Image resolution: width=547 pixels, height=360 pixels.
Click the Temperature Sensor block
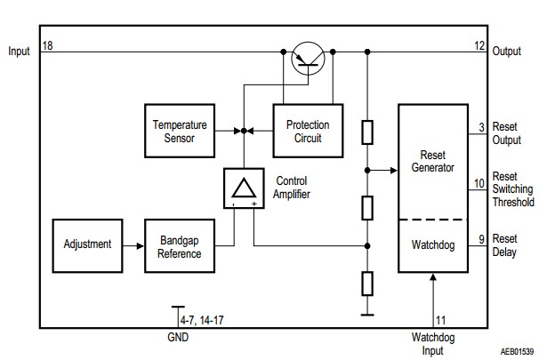point(180,132)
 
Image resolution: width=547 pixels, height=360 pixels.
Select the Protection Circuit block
point(308,132)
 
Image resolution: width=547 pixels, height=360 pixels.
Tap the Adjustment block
point(87,244)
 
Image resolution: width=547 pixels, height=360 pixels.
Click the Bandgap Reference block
point(180,246)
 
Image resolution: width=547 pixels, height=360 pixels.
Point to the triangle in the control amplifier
point(244,188)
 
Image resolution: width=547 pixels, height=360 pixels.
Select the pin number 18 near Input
point(46,44)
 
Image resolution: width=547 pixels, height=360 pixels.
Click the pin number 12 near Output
point(480,44)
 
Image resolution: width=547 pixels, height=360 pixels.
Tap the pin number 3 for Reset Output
point(480,128)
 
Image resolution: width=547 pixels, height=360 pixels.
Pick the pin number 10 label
point(479,182)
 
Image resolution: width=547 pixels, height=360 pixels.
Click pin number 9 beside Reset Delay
point(480,238)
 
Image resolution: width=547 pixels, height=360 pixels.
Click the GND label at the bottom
point(178,339)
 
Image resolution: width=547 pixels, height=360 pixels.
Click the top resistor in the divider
point(366,132)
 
